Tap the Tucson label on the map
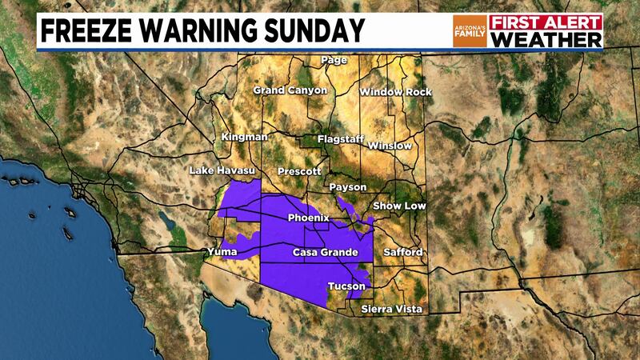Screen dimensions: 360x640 347,286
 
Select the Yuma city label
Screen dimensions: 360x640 223,253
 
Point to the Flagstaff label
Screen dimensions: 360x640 342,139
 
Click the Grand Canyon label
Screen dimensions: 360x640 290,90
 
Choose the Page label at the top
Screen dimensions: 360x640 333,61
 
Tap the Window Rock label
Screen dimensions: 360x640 395,92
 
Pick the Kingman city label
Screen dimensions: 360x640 244,138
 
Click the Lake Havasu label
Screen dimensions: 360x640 221,171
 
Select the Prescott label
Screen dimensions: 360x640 298,172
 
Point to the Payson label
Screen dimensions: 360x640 348,187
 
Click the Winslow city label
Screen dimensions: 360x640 391,146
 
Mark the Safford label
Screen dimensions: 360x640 404,253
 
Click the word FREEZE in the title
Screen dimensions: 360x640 90,31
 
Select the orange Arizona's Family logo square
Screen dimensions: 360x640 469,31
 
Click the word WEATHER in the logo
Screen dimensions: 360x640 546,40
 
